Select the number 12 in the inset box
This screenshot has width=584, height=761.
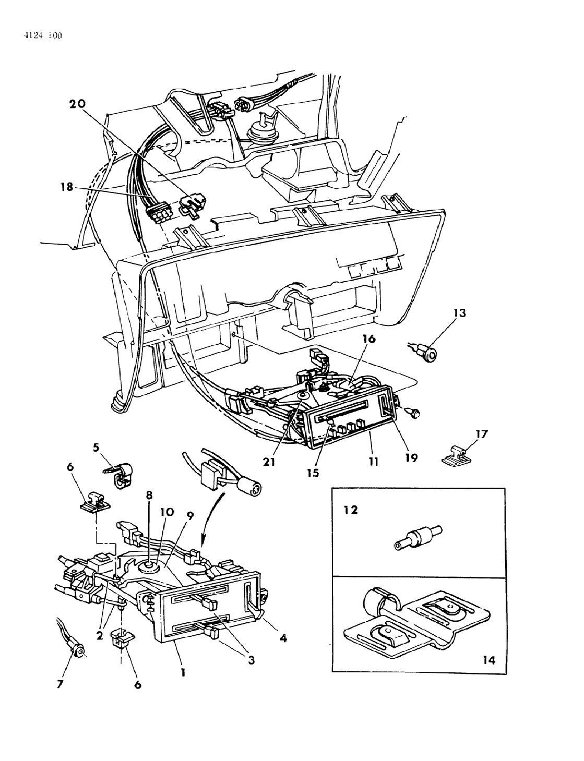351,510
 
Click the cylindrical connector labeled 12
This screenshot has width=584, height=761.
417,537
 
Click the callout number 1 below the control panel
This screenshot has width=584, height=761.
183,673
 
